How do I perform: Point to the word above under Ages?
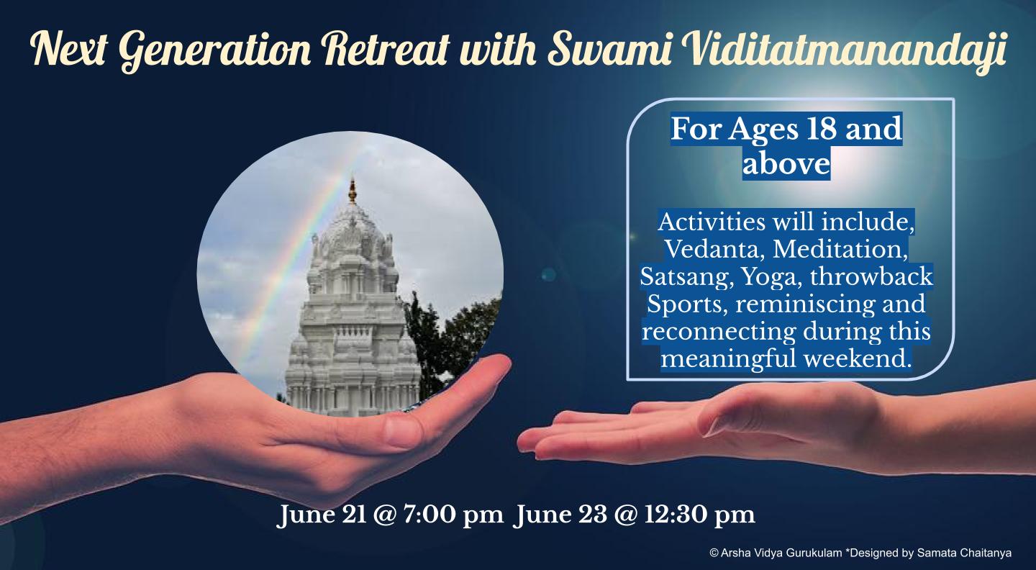(x=786, y=164)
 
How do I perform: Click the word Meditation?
(x=840, y=249)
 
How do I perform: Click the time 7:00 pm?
(x=453, y=515)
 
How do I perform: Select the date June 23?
(x=560, y=515)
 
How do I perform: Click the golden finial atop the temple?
(x=353, y=190)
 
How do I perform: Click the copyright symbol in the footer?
(x=714, y=553)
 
